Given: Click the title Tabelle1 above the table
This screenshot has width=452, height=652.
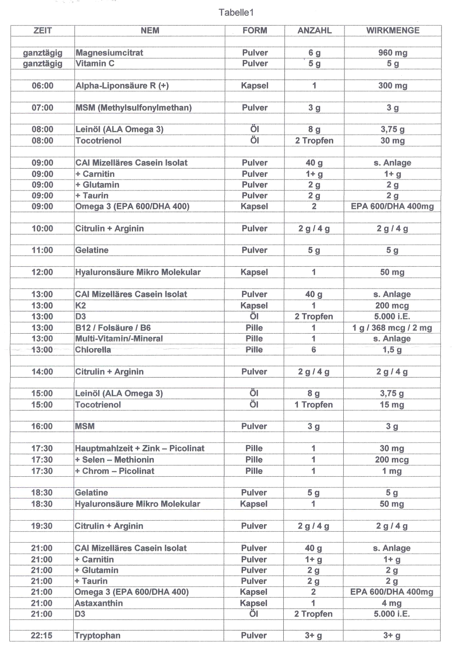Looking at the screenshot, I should point(236,13).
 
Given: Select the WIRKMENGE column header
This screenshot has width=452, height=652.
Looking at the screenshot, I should point(392,31).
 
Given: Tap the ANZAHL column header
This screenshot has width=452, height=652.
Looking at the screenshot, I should point(314,31).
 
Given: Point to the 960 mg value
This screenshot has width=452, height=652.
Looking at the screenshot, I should point(392,53).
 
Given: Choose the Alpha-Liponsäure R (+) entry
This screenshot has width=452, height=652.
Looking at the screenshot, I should point(122,85).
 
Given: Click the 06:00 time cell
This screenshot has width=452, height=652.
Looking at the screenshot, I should point(42,85).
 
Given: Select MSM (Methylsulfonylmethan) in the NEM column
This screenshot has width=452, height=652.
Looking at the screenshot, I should point(133,107).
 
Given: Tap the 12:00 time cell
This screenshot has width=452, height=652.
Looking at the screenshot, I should point(42,272).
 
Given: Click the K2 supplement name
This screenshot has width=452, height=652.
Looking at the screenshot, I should point(80,305).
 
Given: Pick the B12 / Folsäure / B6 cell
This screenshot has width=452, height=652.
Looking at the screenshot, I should point(113,328).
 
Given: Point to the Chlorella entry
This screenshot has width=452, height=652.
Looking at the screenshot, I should point(93,350).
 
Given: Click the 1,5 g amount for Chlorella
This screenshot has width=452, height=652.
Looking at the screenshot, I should point(392,350).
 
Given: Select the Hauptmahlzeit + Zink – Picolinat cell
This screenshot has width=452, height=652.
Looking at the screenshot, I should point(140,448).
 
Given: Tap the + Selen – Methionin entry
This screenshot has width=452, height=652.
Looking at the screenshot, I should point(115,459).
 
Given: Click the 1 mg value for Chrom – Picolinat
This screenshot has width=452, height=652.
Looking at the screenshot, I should point(392,471).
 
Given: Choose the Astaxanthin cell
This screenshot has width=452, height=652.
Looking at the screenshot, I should point(98,603).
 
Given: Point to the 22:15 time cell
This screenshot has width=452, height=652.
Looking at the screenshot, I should point(42,636).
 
